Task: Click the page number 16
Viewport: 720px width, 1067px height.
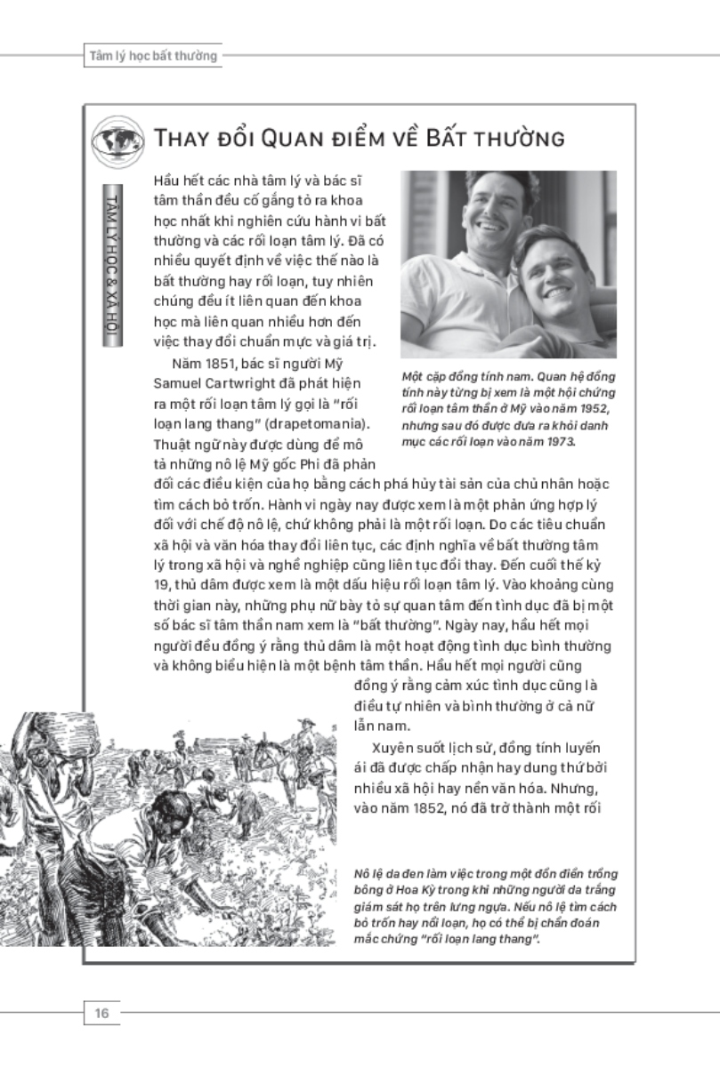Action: [x=101, y=1012]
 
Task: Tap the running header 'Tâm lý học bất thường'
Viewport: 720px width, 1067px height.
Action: [x=153, y=56]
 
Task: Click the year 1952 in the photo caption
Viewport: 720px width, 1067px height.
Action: [x=590, y=407]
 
